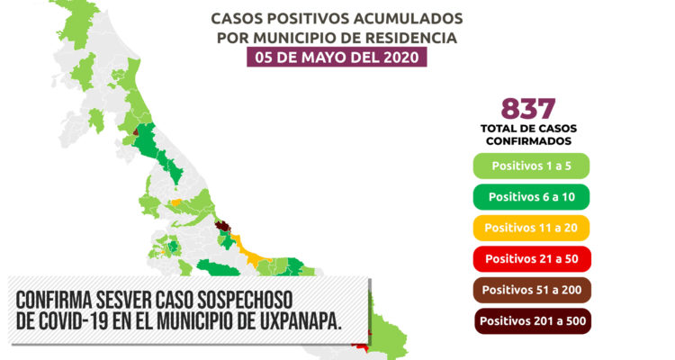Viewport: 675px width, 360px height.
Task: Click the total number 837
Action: click(528, 109)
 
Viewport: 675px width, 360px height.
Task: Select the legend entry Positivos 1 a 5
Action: click(531, 166)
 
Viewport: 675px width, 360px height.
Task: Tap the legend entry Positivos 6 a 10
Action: click(531, 197)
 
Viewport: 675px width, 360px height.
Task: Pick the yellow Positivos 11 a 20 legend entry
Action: click(531, 228)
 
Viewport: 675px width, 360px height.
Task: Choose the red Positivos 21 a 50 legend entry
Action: click(532, 259)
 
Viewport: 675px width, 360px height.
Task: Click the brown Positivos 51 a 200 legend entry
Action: click(532, 290)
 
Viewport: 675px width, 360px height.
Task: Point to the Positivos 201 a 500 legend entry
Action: click(533, 320)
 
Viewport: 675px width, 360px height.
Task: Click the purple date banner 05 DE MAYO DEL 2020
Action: click(337, 57)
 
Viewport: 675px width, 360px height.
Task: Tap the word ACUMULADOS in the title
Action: click(408, 19)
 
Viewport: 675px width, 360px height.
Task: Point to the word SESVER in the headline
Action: click(122, 300)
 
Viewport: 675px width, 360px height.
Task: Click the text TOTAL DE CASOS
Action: click(528, 129)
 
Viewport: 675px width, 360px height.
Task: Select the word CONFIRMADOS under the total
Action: click(528, 140)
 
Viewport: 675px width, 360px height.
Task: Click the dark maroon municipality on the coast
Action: click(222, 226)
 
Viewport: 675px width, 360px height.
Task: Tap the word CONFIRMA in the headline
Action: click(54, 300)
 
